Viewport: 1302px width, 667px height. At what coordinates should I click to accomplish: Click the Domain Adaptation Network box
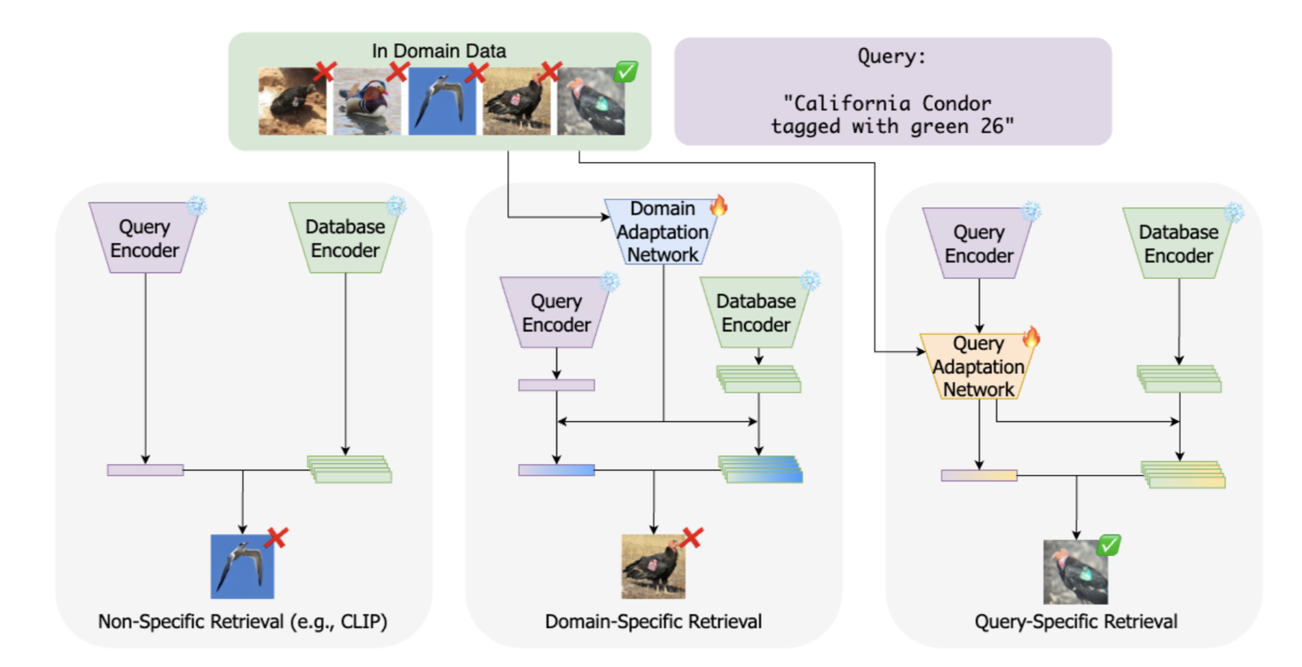(662, 231)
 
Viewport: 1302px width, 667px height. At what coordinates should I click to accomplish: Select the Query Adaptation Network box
(978, 366)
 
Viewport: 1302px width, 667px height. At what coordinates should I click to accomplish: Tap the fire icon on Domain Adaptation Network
(718, 206)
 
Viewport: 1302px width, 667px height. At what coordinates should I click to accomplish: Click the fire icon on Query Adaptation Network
(1031, 337)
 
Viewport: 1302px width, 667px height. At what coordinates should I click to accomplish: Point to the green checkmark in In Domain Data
(626, 71)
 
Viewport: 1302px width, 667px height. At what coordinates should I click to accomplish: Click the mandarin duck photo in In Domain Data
(367, 102)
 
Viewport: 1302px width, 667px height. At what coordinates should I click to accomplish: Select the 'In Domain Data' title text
(439, 51)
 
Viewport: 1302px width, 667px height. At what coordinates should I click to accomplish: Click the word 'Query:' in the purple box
(892, 56)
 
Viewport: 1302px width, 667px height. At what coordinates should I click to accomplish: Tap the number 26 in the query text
(992, 126)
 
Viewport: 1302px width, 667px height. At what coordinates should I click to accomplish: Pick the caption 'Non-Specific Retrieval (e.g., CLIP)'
(243, 622)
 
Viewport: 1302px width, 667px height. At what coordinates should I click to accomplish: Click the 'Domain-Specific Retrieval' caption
(653, 622)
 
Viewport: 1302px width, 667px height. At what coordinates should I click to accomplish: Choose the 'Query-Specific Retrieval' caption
(1076, 622)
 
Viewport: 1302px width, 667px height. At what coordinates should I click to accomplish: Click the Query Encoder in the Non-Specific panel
(144, 238)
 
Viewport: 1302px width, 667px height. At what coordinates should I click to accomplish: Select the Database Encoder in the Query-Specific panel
(1178, 243)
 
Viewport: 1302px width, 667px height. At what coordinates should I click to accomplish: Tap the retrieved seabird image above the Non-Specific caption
(242, 566)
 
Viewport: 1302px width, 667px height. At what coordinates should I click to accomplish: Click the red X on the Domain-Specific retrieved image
(692, 537)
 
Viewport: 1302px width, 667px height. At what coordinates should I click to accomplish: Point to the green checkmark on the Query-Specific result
(1109, 545)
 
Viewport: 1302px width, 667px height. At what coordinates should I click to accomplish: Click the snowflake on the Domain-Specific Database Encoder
(811, 280)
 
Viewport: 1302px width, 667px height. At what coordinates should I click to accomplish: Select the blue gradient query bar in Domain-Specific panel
(557, 470)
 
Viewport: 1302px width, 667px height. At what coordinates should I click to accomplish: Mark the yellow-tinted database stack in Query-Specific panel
(1183, 475)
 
